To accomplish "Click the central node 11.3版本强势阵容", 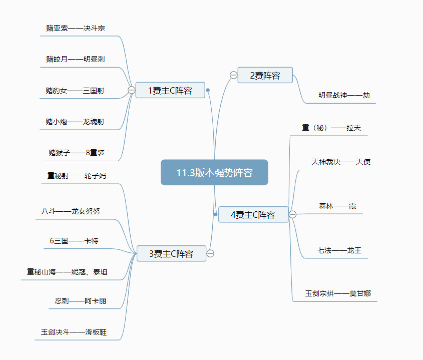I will click(214, 173).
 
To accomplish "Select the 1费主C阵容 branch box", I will click(170, 91).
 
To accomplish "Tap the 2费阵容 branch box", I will click(265, 76).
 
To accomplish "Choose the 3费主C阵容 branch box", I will click(171, 254).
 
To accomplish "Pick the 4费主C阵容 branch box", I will click(253, 215).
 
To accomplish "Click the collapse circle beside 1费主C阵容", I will click(131, 90).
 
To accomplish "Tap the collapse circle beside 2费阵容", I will click(233, 75).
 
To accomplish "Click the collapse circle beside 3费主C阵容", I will click(210, 253).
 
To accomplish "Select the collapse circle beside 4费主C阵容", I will click(293, 214).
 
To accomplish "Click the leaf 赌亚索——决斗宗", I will click(76, 28).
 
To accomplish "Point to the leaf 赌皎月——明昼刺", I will click(76, 59).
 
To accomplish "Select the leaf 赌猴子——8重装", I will click(77, 153).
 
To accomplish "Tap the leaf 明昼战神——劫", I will click(344, 95).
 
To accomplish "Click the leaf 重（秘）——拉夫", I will click(331, 128).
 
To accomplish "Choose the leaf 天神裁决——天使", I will click(341, 162).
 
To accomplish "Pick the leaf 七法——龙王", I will click(339, 250).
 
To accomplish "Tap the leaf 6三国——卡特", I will click(74, 241).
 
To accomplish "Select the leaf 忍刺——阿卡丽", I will click(81, 301).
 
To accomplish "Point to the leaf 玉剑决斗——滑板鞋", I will click(74, 331).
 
